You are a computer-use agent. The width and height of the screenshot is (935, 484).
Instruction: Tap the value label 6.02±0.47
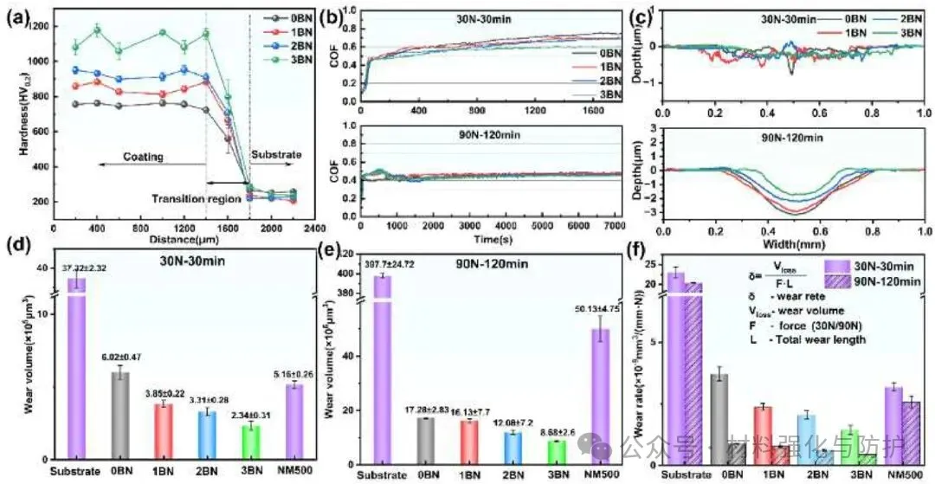pos(123,354)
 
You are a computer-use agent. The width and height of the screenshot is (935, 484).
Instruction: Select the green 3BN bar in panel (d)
pos(249,441)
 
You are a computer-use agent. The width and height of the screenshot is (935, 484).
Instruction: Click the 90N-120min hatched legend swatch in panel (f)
pos(832,281)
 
